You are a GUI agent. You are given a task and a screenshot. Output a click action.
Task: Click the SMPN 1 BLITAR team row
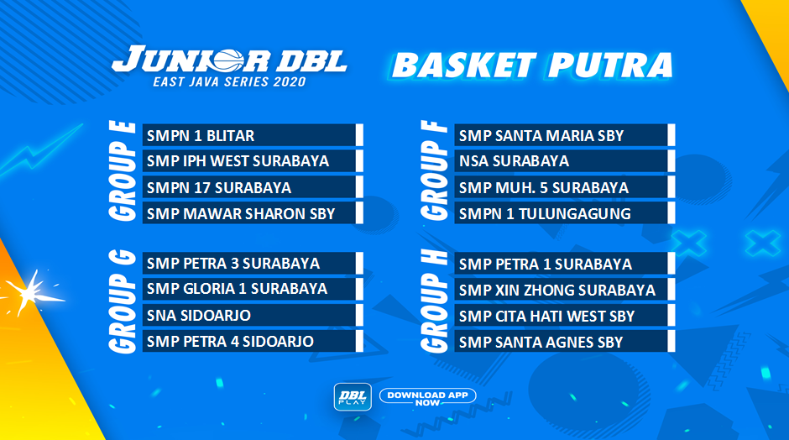[253, 135]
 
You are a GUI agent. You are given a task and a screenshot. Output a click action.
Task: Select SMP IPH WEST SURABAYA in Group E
[253, 161]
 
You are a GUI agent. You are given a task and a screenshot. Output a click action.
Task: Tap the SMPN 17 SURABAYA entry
[253, 187]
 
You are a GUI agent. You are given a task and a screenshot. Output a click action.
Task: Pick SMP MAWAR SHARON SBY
[253, 213]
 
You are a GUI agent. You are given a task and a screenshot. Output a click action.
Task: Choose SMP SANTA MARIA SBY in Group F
[565, 135]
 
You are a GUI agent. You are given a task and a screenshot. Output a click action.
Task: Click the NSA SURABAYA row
[565, 161]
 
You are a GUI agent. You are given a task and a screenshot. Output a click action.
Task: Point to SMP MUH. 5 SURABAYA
[565, 187]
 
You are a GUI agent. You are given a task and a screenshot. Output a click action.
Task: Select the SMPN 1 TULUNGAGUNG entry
[565, 213]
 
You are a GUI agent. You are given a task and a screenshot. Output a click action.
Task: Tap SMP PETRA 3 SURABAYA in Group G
[253, 264]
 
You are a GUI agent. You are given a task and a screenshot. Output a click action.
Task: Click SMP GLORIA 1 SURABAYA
[253, 289]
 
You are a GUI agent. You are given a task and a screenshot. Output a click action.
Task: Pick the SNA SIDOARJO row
[253, 315]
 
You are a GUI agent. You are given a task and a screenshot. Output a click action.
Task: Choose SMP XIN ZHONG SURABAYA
[565, 290]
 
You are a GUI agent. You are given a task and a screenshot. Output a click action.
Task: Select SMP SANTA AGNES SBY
[565, 342]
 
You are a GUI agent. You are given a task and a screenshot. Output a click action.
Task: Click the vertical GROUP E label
[123, 171]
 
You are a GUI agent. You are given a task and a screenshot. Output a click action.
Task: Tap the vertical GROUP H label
[434, 301]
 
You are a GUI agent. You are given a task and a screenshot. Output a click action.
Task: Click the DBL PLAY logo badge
[353, 396]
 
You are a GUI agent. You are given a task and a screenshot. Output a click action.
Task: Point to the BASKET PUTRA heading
[532, 65]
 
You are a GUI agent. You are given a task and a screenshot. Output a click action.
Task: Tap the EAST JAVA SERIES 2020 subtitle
[229, 81]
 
